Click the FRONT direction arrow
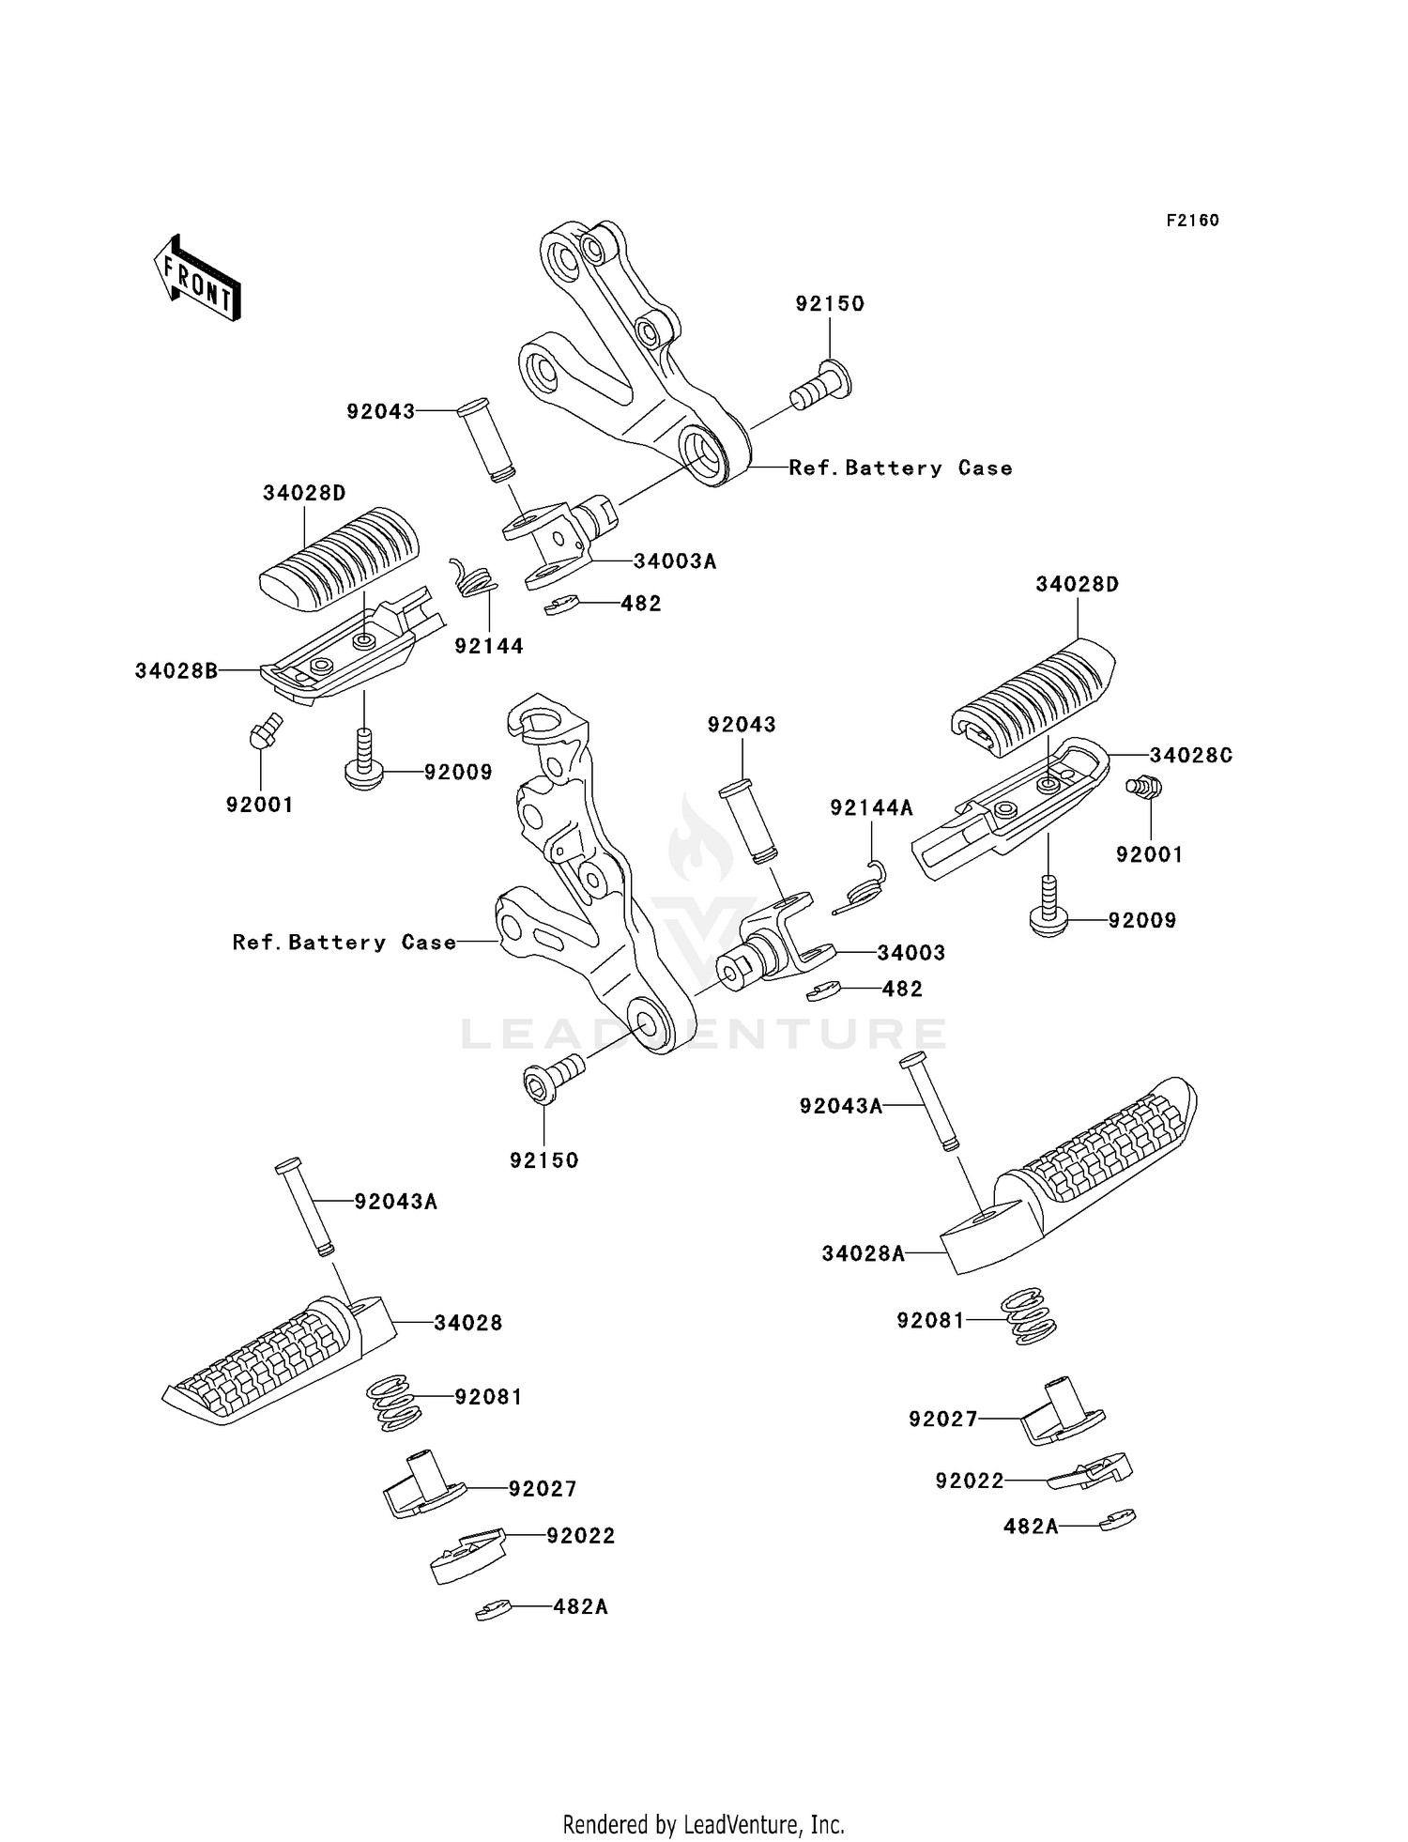(197, 279)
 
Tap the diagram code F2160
(1192, 221)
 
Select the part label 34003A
(675, 561)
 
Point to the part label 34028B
(176, 670)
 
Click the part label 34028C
(1191, 755)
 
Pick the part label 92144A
(871, 807)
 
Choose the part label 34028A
(863, 1253)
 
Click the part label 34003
(911, 952)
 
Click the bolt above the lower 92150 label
(553, 1077)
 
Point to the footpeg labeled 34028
(272, 1357)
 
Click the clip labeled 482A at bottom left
(494, 1609)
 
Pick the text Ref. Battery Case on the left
(344, 942)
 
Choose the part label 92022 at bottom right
(969, 1481)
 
